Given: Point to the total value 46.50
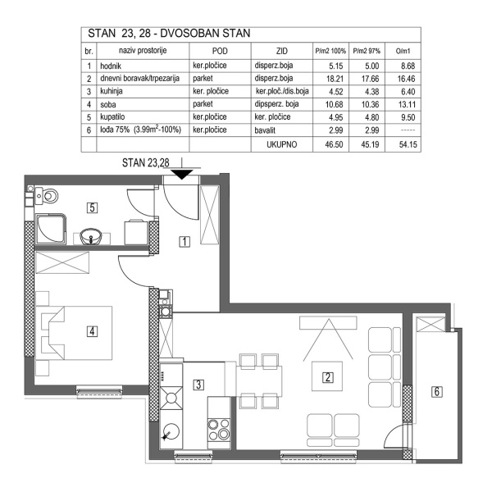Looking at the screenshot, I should [328, 143].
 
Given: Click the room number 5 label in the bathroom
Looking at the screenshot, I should [93, 207].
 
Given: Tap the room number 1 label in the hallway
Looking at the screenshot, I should [185, 241].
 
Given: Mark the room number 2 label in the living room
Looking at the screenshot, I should [327, 378].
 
